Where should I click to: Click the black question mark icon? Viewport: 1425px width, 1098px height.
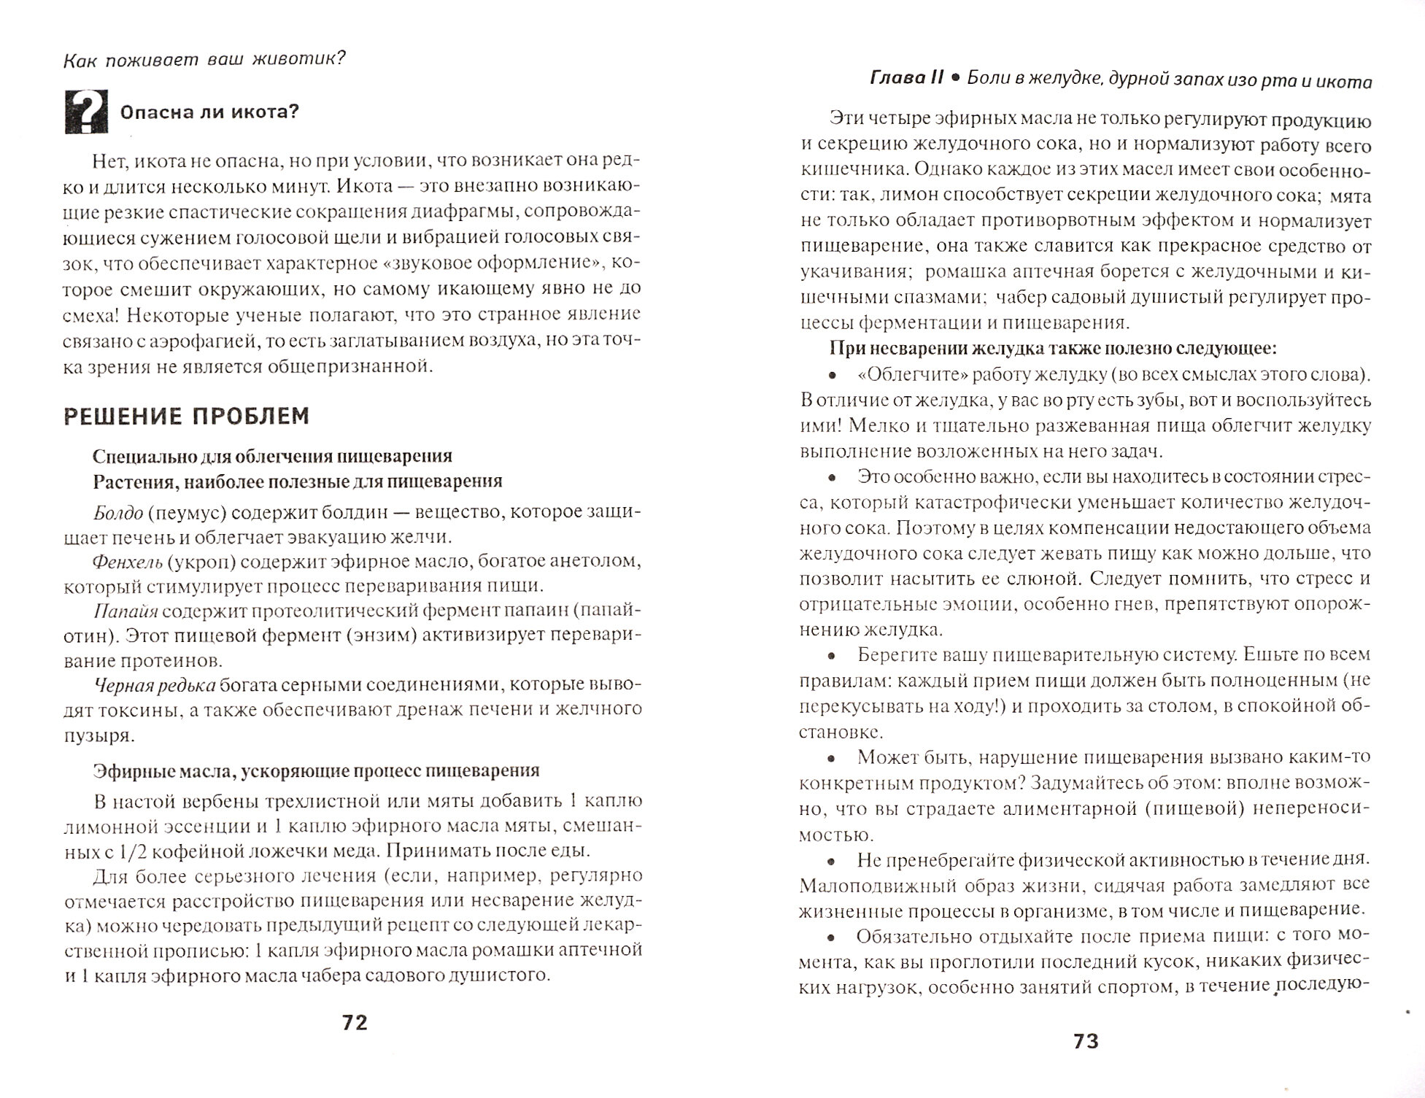(x=86, y=112)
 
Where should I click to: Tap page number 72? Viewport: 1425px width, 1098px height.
(x=355, y=1022)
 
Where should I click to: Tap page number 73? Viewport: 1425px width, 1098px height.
(x=1086, y=1041)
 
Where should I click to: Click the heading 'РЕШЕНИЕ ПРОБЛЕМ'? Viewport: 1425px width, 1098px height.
(x=187, y=416)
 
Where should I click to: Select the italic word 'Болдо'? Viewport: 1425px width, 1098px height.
(x=118, y=512)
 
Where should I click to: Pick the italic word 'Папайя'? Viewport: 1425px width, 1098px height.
(x=125, y=611)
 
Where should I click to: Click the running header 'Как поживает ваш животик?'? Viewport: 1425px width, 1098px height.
(x=204, y=59)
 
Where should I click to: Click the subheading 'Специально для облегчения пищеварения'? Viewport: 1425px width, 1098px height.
(x=272, y=456)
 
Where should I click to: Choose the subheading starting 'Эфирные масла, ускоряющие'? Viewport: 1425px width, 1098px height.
(x=316, y=770)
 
